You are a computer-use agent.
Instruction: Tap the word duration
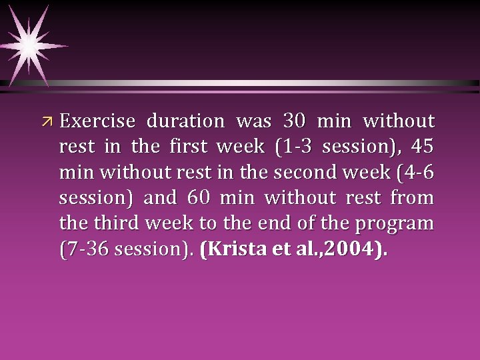point(186,122)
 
